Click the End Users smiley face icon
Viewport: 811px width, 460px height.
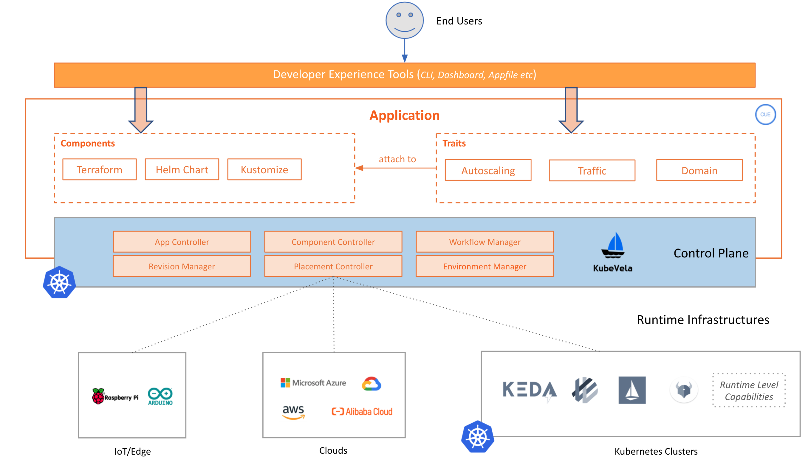coord(404,21)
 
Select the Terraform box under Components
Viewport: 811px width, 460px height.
coord(100,170)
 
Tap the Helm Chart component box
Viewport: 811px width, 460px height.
coord(182,170)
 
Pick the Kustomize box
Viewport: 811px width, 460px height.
coord(264,170)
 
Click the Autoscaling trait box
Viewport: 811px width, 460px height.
coord(488,171)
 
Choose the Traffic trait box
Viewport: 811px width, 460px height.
coord(592,171)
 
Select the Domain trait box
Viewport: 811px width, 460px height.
coord(699,171)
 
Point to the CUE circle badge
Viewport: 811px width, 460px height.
coord(765,114)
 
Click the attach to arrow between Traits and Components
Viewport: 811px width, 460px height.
coord(396,168)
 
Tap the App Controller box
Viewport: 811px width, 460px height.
coord(182,242)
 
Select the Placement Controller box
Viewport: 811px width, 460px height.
coord(333,266)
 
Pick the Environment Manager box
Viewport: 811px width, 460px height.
coord(485,266)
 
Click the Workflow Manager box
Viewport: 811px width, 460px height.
coord(485,242)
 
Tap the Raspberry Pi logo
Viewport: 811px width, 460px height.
coord(115,396)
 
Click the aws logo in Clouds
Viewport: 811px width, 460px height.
coord(293,412)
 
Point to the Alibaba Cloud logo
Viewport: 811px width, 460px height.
coord(362,412)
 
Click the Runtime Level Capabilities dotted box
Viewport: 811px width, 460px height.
coord(749,390)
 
